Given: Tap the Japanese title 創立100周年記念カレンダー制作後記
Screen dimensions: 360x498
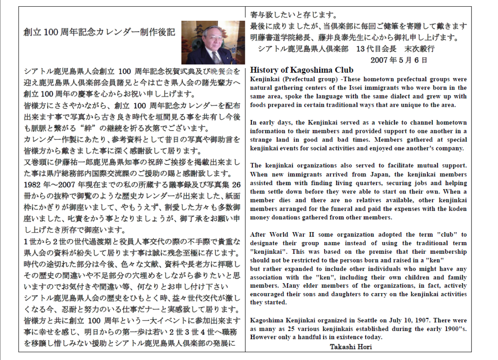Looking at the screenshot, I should (100, 32).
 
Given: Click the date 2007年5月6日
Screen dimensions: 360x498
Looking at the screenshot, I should (398, 60).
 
